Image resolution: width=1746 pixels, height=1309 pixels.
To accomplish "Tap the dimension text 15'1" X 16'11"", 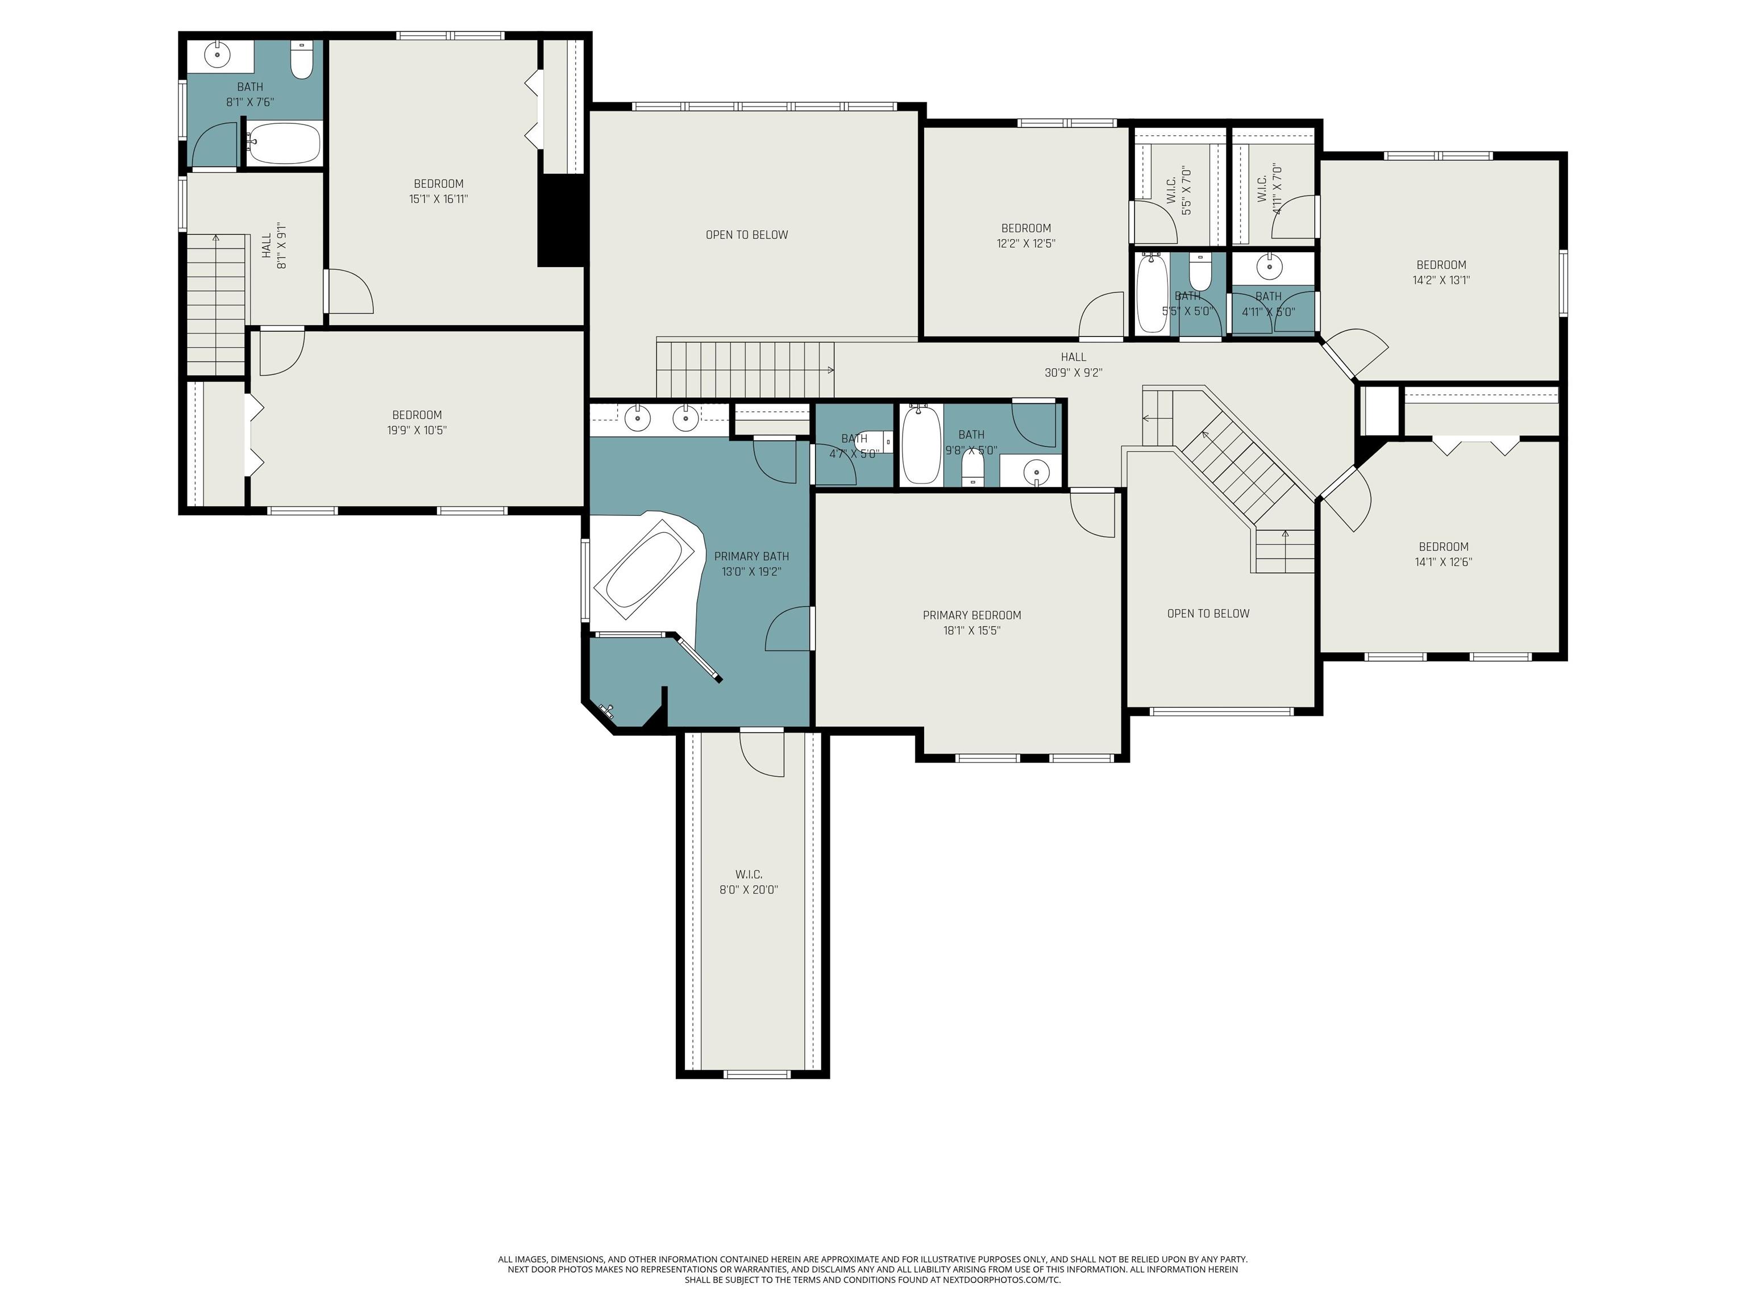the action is (x=438, y=199).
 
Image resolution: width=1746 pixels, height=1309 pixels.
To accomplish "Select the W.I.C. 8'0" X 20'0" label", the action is (x=749, y=881).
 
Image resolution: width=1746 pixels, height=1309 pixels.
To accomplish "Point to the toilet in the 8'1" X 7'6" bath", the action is (x=302, y=60).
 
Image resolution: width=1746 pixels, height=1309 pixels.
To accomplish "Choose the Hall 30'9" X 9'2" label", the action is (x=1074, y=365).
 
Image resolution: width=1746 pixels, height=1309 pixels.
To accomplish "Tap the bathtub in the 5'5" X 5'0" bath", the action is (x=1151, y=294).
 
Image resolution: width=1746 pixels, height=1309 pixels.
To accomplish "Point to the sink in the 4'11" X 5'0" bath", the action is (x=1269, y=268).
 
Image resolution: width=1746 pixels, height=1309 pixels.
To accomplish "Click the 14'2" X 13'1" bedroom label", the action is (x=1441, y=272).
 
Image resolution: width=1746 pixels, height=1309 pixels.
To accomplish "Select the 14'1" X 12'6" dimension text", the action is (x=1443, y=562).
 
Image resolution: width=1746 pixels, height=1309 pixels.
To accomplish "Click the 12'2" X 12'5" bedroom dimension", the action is (x=1026, y=243).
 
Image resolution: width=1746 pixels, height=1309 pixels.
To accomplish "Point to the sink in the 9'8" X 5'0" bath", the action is (x=1036, y=471).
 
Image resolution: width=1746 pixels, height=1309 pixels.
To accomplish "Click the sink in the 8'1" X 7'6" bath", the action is (x=217, y=55).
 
